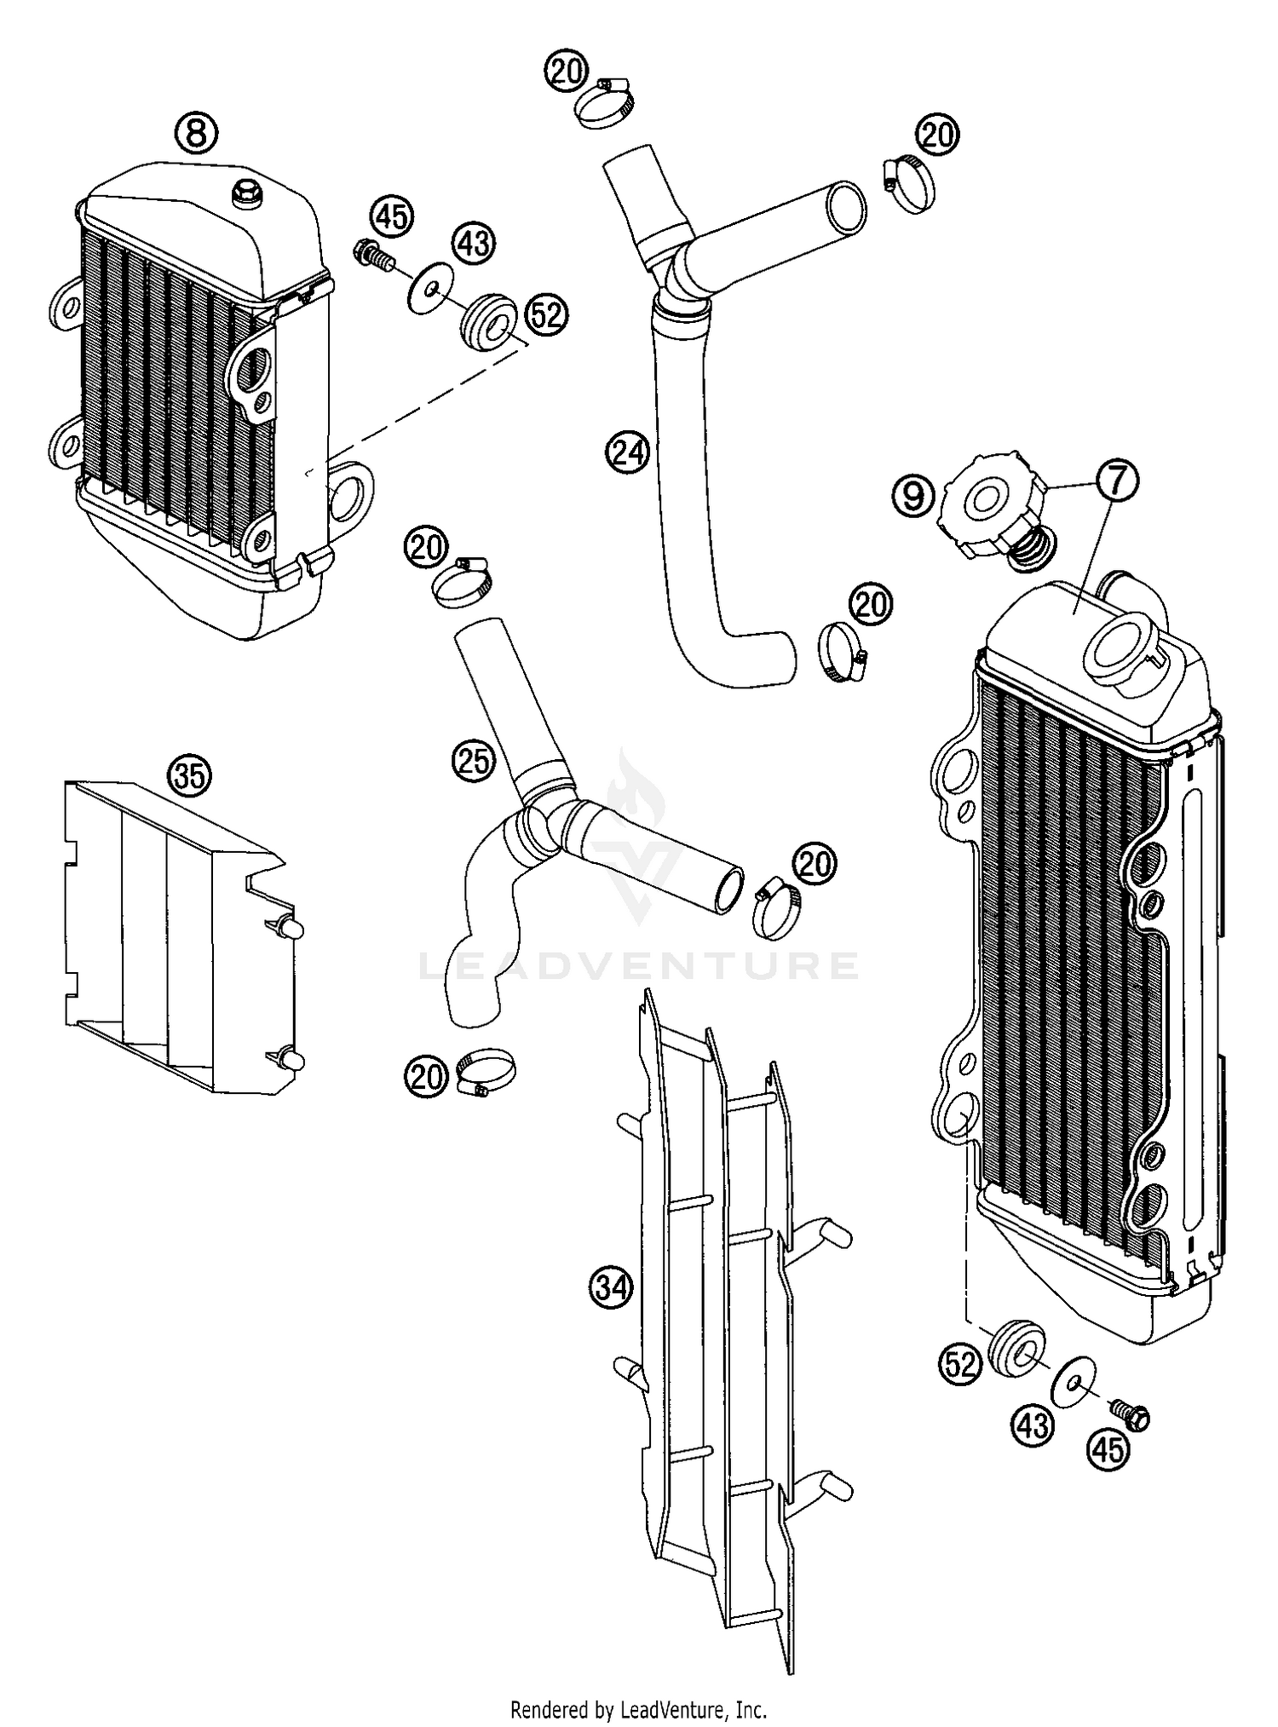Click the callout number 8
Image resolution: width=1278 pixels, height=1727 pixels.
196,133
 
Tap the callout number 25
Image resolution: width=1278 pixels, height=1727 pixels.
474,759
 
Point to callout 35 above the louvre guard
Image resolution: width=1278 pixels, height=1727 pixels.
189,774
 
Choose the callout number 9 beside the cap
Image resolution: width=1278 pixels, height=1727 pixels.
913,495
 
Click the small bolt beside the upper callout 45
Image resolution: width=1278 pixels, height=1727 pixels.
371,254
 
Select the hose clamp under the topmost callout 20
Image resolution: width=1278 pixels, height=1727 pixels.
605,106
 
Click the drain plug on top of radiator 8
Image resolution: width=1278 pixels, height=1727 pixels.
248,195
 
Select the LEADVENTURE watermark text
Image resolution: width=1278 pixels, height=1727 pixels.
639,966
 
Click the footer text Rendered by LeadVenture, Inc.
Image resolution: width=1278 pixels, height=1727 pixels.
639,1708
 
